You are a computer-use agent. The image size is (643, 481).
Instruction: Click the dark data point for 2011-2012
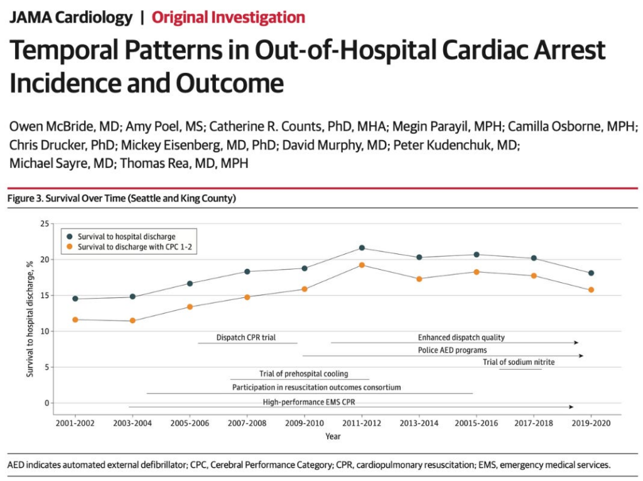pos(362,248)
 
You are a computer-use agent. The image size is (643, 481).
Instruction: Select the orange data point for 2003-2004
pos(132,321)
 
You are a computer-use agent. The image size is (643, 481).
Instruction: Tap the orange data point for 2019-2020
pos(591,290)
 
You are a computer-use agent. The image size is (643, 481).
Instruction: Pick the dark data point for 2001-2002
pos(75,299)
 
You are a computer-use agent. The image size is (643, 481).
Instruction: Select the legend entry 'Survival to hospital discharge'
pos(122,236)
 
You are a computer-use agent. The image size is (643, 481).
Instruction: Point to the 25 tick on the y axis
pos(44,224)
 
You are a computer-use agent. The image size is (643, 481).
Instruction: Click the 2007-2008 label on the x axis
pos(247,423)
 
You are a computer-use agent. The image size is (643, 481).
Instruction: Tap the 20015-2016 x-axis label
pos(477,423)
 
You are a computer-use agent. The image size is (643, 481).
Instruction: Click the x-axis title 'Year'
pos(333,436)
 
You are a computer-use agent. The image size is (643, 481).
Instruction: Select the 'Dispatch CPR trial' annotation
pos(246,338)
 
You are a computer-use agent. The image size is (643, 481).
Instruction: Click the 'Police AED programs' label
pos(452,350)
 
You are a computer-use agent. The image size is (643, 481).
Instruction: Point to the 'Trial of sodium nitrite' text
pos(519,362)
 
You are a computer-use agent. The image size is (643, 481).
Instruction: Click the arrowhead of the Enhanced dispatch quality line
pos(576,343)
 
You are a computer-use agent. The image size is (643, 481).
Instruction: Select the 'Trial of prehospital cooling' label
pos(303,374)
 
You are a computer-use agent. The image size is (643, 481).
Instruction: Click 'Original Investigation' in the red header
pos(229,17)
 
